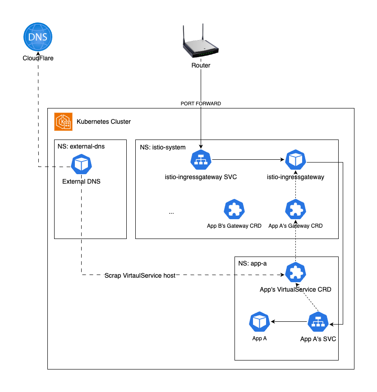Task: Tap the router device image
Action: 201,43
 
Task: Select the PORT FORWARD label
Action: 201,104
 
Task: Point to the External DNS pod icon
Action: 82,164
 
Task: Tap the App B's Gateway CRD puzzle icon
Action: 234,209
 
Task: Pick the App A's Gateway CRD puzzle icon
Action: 296,209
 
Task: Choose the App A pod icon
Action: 259,321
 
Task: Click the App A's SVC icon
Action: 318,321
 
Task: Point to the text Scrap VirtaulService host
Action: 140,275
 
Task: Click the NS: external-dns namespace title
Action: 81,146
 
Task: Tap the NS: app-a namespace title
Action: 252,263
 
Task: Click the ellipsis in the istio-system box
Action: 171,212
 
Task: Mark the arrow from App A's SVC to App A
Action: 289,321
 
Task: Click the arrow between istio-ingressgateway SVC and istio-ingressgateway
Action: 248,160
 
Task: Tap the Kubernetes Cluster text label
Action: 104,122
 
